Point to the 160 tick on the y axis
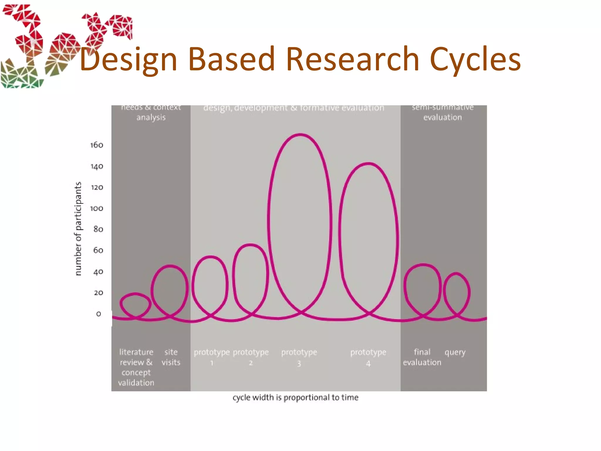pyautogui.click(x=97, y=145)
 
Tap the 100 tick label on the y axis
pyautogui.click(x=97, y=208)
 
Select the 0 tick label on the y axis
pyautogui.click(x=99, y=314)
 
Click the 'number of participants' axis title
pyautogui.click(x=78, y=229)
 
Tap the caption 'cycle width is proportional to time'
pyautogui.click(x=296, y=398)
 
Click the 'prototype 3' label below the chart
pyautogui.click(x=299, y=357)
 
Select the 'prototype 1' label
pyautogui.click(x=212, y=357)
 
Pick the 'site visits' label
pyautogui.click(x=171, y=357)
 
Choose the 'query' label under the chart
pyautogui.click(x=455, y=352)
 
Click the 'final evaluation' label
pyautogui.click(x=422, y=357)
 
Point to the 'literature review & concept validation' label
pyautogui.click(x=136, y=367)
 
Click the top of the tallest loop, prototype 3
pyautogui.click(x=300, y=134)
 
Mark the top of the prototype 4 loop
pyautogui.click(x=368, y=164)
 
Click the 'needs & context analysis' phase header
pyautogui.click(x=151, y=112)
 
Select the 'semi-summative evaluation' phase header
pyautogui.click(x=443, y=112)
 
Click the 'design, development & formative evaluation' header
pyautogui.click(x=293, y=108)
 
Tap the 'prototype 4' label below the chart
pyautogui.click(x=368, y=357)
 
